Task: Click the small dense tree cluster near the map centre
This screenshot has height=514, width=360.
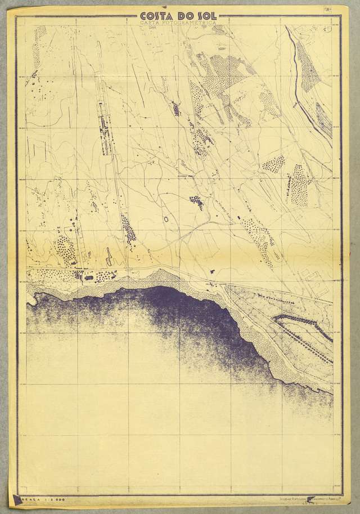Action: tap(197, 200)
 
